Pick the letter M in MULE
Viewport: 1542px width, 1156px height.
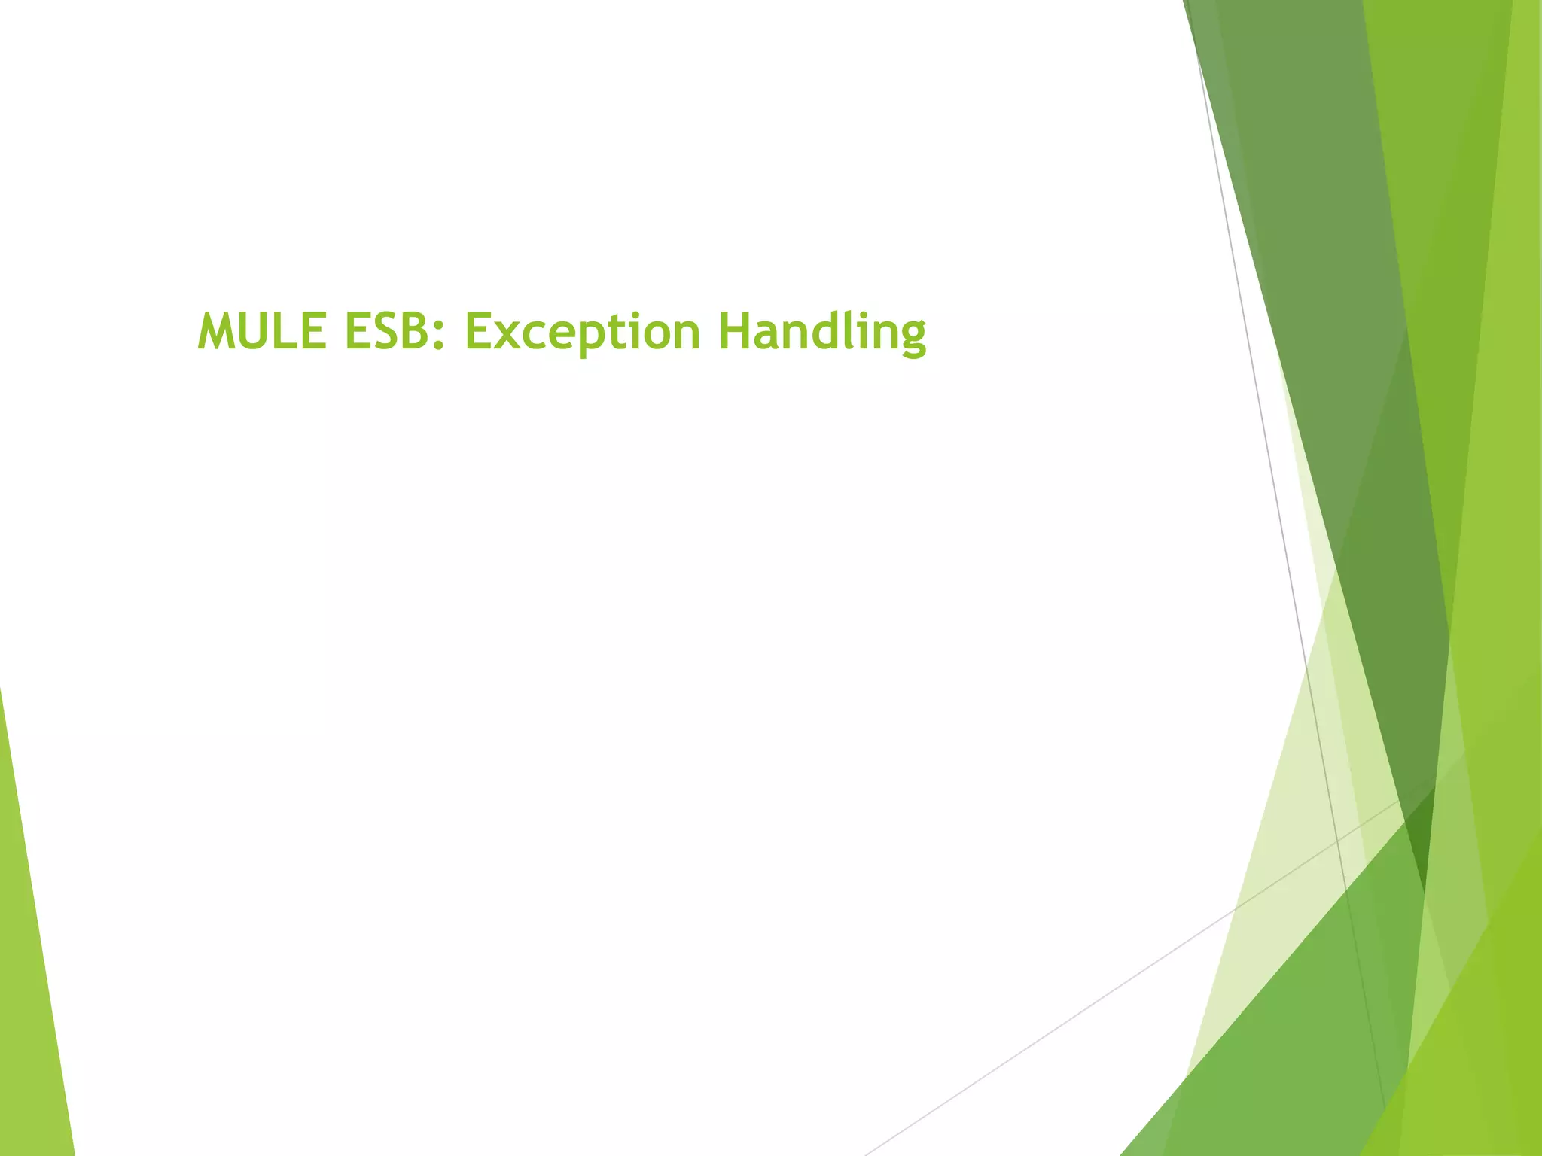point(218,331)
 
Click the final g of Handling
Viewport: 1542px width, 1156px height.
point(912,337)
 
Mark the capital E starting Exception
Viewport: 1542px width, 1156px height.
point(479,331)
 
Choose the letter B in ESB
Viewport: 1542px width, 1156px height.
point(416,331)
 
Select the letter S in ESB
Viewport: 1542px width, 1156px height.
point(385,331)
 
